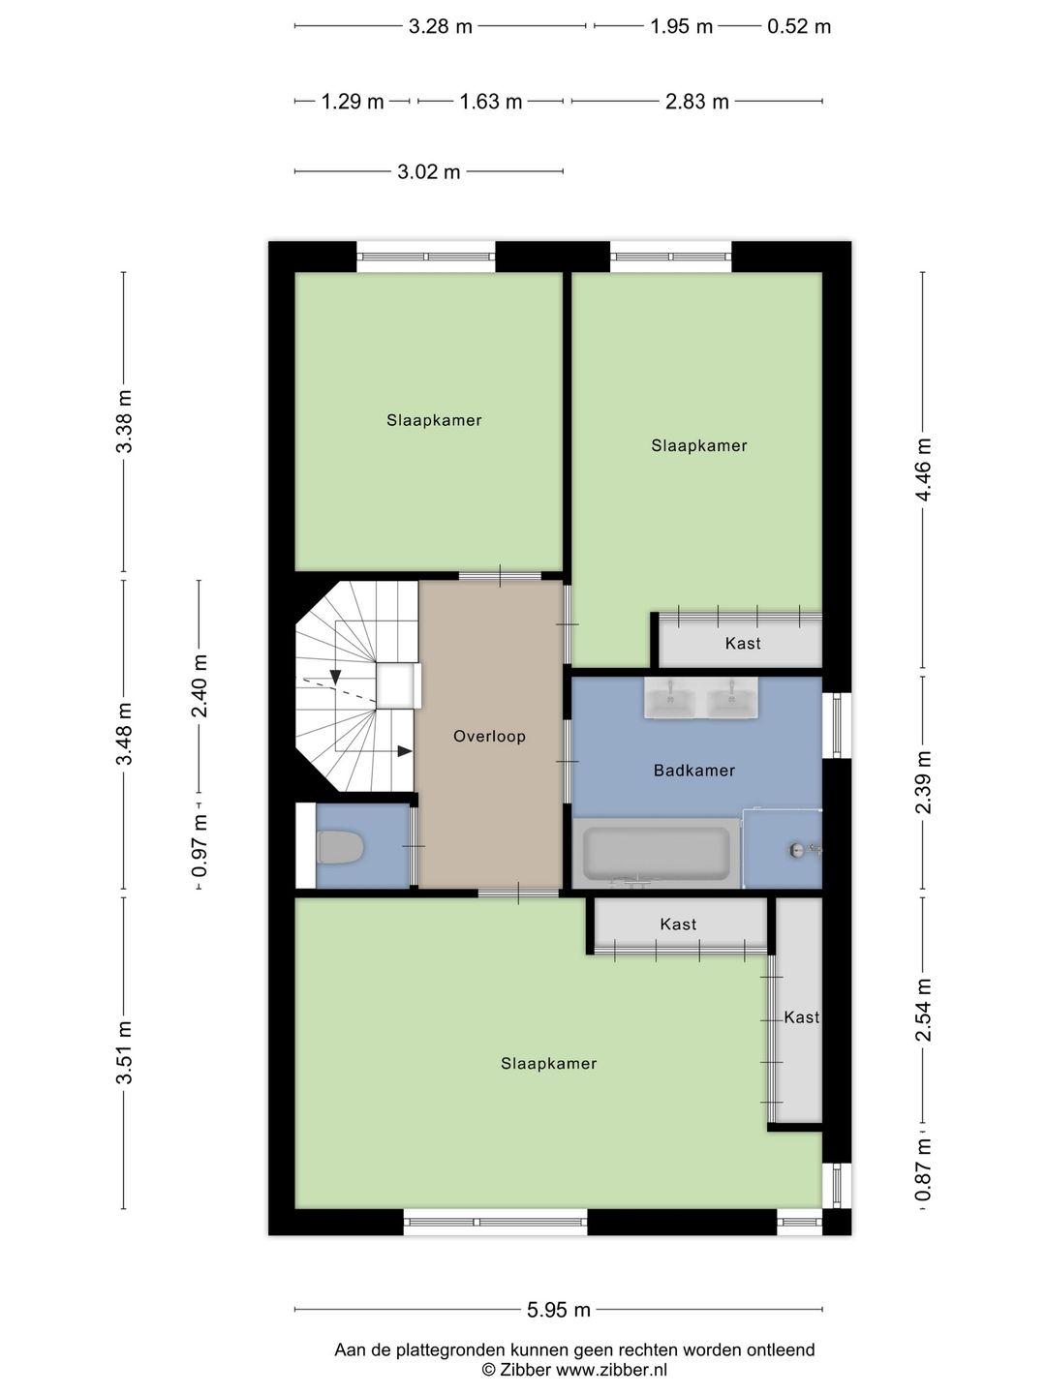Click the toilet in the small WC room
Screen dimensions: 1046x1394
pos(340,848)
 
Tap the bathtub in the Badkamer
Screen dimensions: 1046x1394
pos(656,853)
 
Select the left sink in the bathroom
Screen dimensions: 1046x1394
pos(671,699)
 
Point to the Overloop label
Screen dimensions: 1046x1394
pos(489,736)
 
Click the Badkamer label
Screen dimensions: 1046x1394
pos(694,771)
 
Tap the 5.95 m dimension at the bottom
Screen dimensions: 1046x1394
pos(558,1310)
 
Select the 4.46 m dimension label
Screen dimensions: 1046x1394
pos(923,470)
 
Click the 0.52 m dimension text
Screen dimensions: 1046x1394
pos(799,27)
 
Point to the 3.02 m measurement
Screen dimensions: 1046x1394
pos(429,172)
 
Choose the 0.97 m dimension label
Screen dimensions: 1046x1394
pos(200,846)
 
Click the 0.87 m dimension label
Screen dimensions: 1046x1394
pos(923,1169)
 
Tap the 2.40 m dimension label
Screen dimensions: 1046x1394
pos(200,685)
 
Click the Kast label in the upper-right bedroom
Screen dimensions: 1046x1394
pos(743,644)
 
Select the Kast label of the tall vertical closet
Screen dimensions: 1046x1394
pos(801,1017)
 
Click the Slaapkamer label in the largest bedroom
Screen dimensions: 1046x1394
pos(549,1063)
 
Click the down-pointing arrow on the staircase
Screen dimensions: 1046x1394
pos(335,677)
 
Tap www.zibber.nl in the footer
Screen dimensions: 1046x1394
pos(611,1370)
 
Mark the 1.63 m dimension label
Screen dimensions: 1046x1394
pos(491,102)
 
